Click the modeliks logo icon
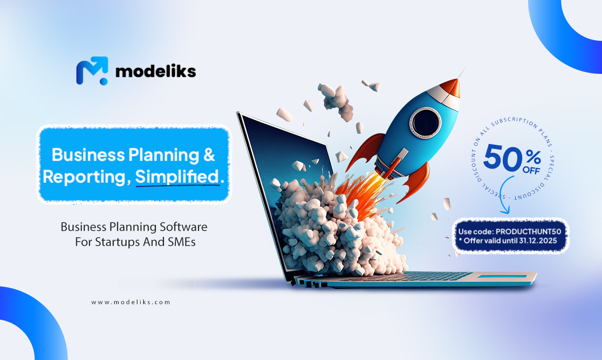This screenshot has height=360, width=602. pyautogui.click(x=92, y=71)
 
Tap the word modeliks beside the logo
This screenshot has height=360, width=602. pyautogui.click(x=155, y=72)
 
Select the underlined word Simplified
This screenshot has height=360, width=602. pyautogui.click(x=178, y=177)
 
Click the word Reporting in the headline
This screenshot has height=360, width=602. pyautogui.click(x=85, y=177)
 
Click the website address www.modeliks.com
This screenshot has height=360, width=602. pyautogui.click(x=130, y=302)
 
